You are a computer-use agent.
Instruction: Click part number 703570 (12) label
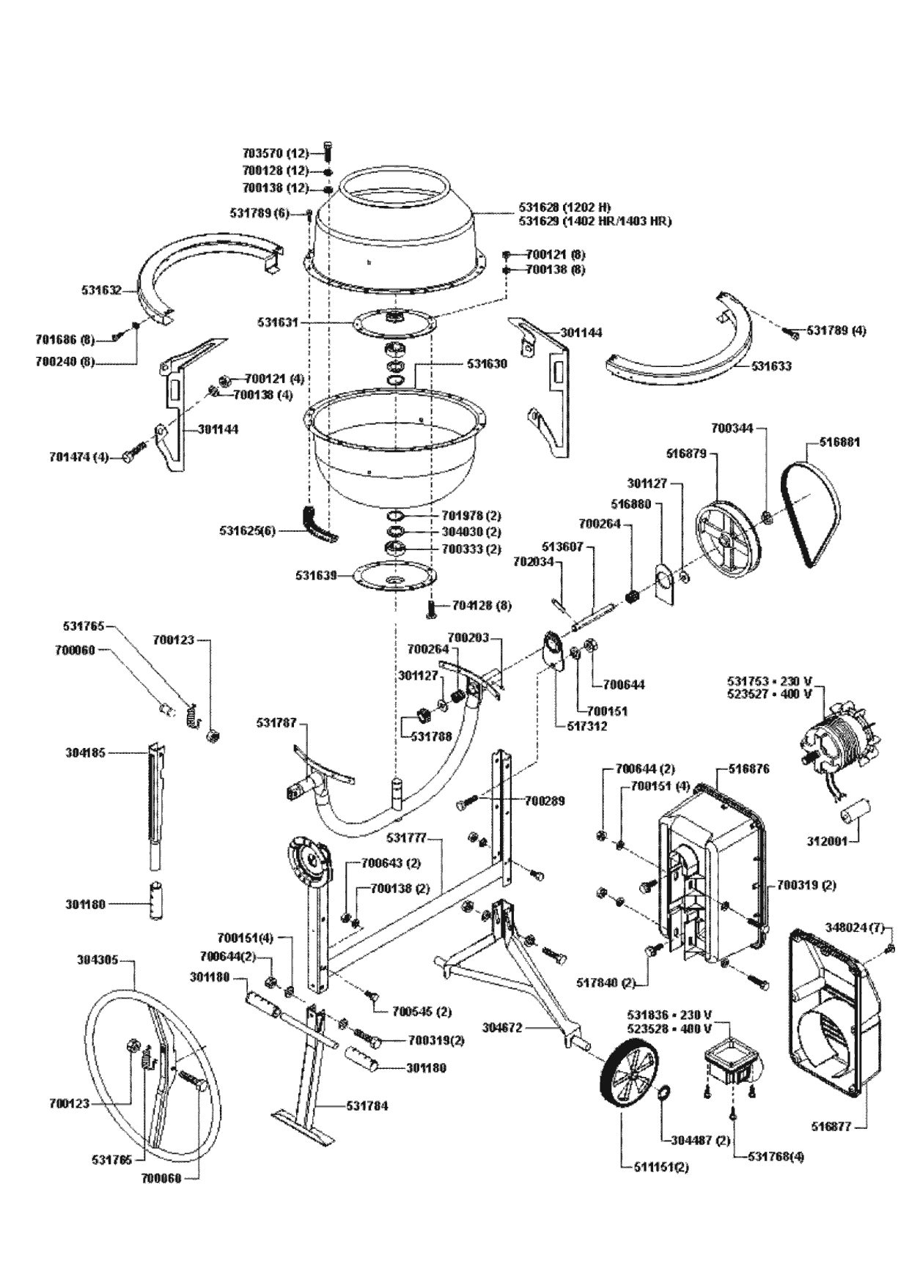pyautogui.click(x=276, y=154)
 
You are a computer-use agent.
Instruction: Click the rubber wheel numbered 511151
pyautogui.click(x=630, y=1070)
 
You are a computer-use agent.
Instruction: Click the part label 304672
pyautogui.click(x=502, y=1028)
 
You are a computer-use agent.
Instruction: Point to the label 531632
pyautogui.click(x=100, y=291)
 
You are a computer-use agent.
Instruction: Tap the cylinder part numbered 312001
pyautogui.click(x=857, y=812)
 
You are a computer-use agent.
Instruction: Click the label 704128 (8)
pyautogui.click(x=482, y=606)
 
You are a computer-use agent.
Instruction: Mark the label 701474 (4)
pyautogui.click(x=78, y=457)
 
